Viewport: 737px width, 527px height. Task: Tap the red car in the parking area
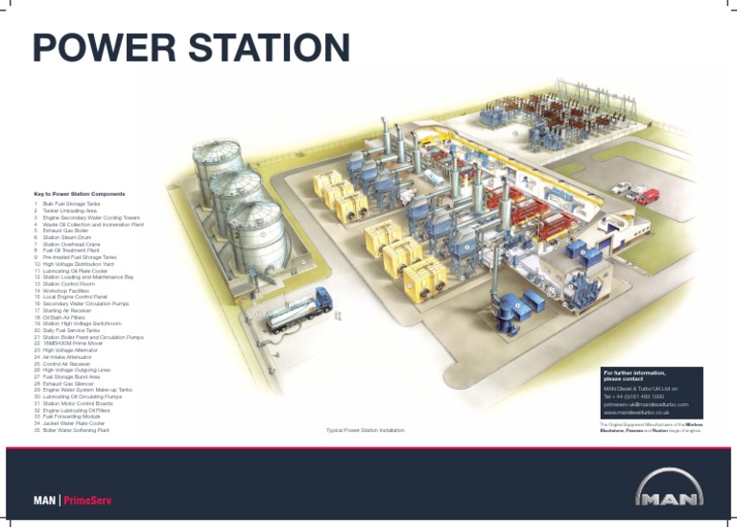648,195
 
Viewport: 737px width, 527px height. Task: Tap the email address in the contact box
646,404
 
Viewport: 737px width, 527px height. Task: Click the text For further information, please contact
634,375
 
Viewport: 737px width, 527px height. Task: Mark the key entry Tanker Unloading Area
70,210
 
